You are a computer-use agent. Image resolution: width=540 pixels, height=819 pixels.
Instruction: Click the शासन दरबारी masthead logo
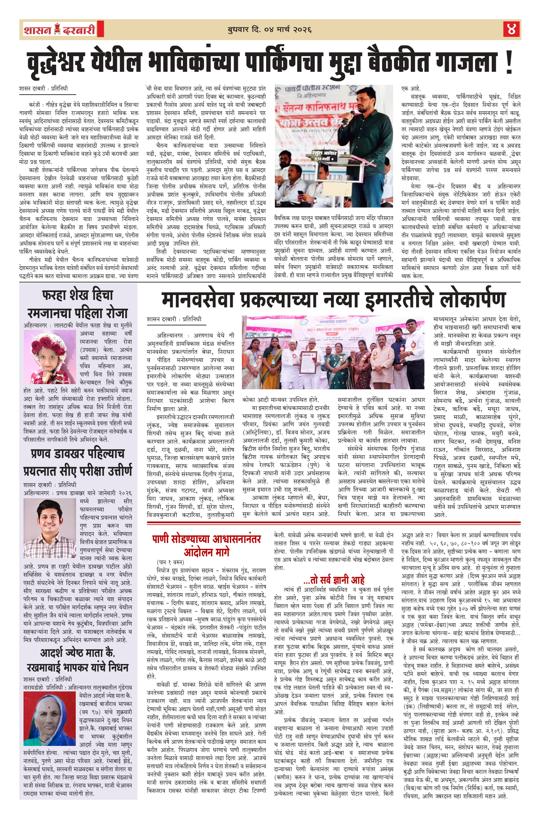59,30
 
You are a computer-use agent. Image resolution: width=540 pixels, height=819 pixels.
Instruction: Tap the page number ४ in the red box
511,30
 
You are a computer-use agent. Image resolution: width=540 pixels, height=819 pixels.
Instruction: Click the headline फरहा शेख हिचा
77,295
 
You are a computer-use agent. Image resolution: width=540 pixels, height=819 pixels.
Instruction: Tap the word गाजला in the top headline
463,63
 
